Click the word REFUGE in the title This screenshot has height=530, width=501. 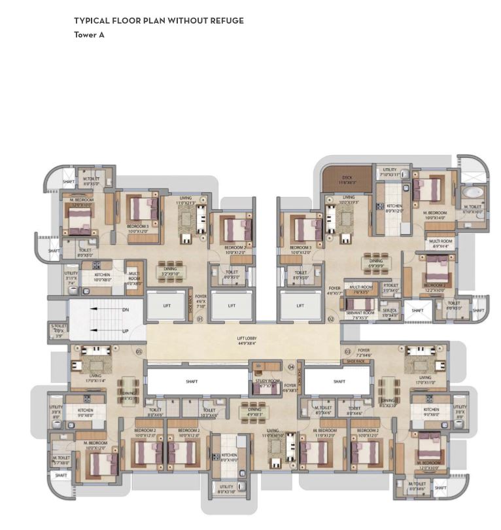tap(226, 21)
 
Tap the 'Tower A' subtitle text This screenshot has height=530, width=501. tap(89, 35)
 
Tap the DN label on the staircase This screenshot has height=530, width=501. tap(126, 309)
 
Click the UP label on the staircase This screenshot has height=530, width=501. tap(126, 332)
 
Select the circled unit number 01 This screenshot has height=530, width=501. tap(200, 319)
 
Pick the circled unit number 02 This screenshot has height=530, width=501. tap(330, 319)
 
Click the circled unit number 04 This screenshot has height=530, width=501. tap(291, 366)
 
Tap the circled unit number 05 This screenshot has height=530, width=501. tap(139, 351)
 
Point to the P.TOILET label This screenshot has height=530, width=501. tap(390, 285)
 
